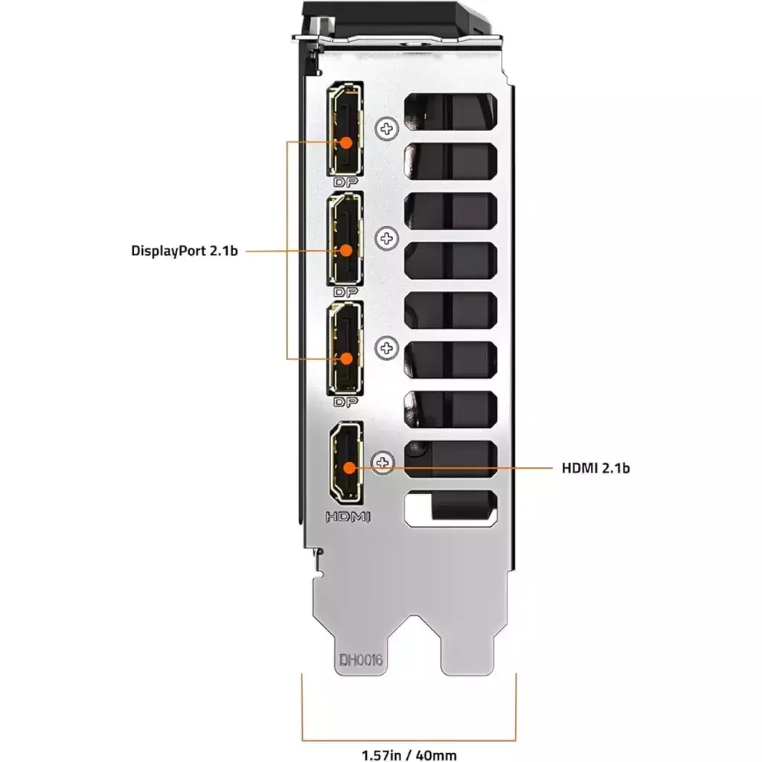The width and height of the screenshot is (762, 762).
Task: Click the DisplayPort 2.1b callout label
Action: pyautogui.click(x=185, y=251)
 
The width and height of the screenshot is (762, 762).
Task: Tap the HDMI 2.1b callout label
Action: pyautogui.click(x=596, y=468)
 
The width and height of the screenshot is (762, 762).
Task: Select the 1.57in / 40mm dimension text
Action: pyautogui.click(x=409, y=755)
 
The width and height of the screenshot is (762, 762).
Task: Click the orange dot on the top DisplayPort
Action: pyautogui.click(x=346, y=142)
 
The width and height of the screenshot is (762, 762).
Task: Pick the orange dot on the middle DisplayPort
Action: pyautogui.click(x=346, y=250)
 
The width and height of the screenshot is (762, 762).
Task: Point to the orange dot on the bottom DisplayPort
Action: pyautogui.click(x=346, y=359)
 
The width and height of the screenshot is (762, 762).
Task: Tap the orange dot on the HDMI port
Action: pyautogui.click(x=349, y=468)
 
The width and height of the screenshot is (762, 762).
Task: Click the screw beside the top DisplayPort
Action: pyautogui.click(x=387, y=129)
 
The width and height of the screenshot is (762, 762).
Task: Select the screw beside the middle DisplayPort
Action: pyautogui.click(x=387, y=238)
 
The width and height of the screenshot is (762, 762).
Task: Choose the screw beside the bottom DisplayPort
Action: pyautogui.click(x=387, y=348)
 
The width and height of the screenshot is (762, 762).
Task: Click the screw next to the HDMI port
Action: pyautogui.click(x=383, y=463)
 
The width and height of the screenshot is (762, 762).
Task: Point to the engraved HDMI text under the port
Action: pyautogui.click(x=348, y=516)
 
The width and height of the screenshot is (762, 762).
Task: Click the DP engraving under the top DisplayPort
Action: pyautogui.click(x=345, y=182)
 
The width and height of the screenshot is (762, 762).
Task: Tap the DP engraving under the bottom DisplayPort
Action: pyautogui.click(x=345, y=402)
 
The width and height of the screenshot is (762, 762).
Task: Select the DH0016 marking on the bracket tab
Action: pyautogui.click(x=361, y=660)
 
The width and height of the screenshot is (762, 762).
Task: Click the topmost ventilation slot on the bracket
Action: pyautogui.click(x=450, y=112)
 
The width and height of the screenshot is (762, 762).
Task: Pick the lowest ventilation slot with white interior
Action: pyautogui.click(x=450, y=508)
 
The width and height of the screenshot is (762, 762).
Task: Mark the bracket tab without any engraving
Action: pyautogui.click(x=467, y=651)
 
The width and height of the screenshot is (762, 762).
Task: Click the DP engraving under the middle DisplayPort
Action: pyautogui.click(x=345, y=292)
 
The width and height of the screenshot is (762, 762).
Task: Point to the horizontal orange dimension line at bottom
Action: pyautogui.click(x=409, y=740)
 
